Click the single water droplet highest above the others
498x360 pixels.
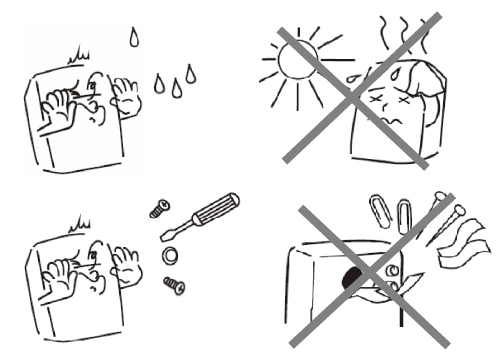134,39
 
